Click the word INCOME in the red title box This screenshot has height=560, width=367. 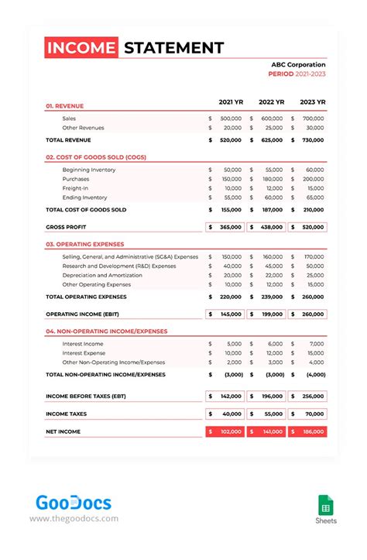tap(81, 48)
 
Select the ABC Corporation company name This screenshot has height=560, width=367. tap(298, 65)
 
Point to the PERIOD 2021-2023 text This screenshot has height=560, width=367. tap(297, 75)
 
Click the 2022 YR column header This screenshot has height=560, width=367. tap(271, 102)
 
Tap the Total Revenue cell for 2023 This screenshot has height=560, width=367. tap(312, 140)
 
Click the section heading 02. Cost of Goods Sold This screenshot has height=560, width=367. tap(95, 157)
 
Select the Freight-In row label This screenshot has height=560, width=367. tap(75, 188)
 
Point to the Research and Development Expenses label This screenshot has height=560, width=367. tap(118, 266)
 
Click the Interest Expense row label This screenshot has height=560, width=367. tap(84, 352)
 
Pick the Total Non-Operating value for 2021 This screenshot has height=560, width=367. tap(233, 374)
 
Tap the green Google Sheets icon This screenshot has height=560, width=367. tap(325, 504)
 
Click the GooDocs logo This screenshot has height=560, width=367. tap(74, 503)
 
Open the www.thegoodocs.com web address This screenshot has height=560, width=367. tap(74, 519)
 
